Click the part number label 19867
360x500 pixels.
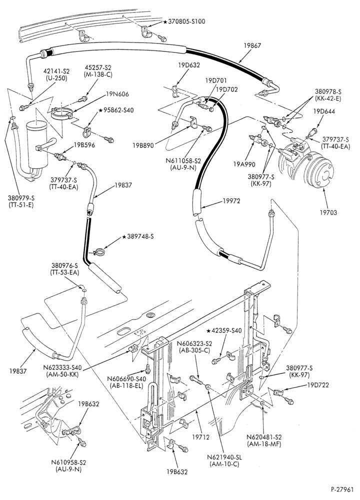[252, 45]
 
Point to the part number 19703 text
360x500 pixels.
[328, 212]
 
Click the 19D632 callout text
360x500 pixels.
[189, 65]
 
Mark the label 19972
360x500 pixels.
[231, 200]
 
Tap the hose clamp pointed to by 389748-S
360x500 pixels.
[99, 252]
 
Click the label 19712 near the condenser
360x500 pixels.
[201, 436]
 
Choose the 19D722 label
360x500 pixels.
[317, 384]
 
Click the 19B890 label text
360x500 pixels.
[143, 145]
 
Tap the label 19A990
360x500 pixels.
[244, 164]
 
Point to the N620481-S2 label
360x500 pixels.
[264, 437]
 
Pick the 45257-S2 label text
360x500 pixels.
[98, 68]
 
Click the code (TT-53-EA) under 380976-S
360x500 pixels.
[64, 272]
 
